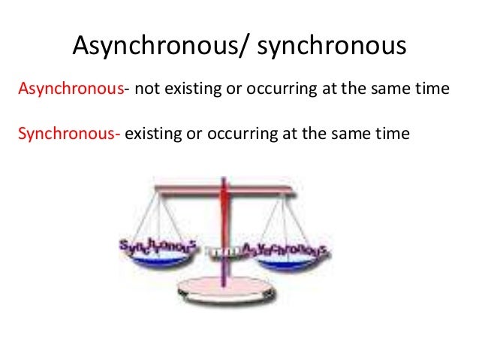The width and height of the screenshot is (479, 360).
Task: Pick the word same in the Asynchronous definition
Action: coord(386,89)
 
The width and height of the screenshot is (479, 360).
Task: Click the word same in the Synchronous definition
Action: coord(351,135)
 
